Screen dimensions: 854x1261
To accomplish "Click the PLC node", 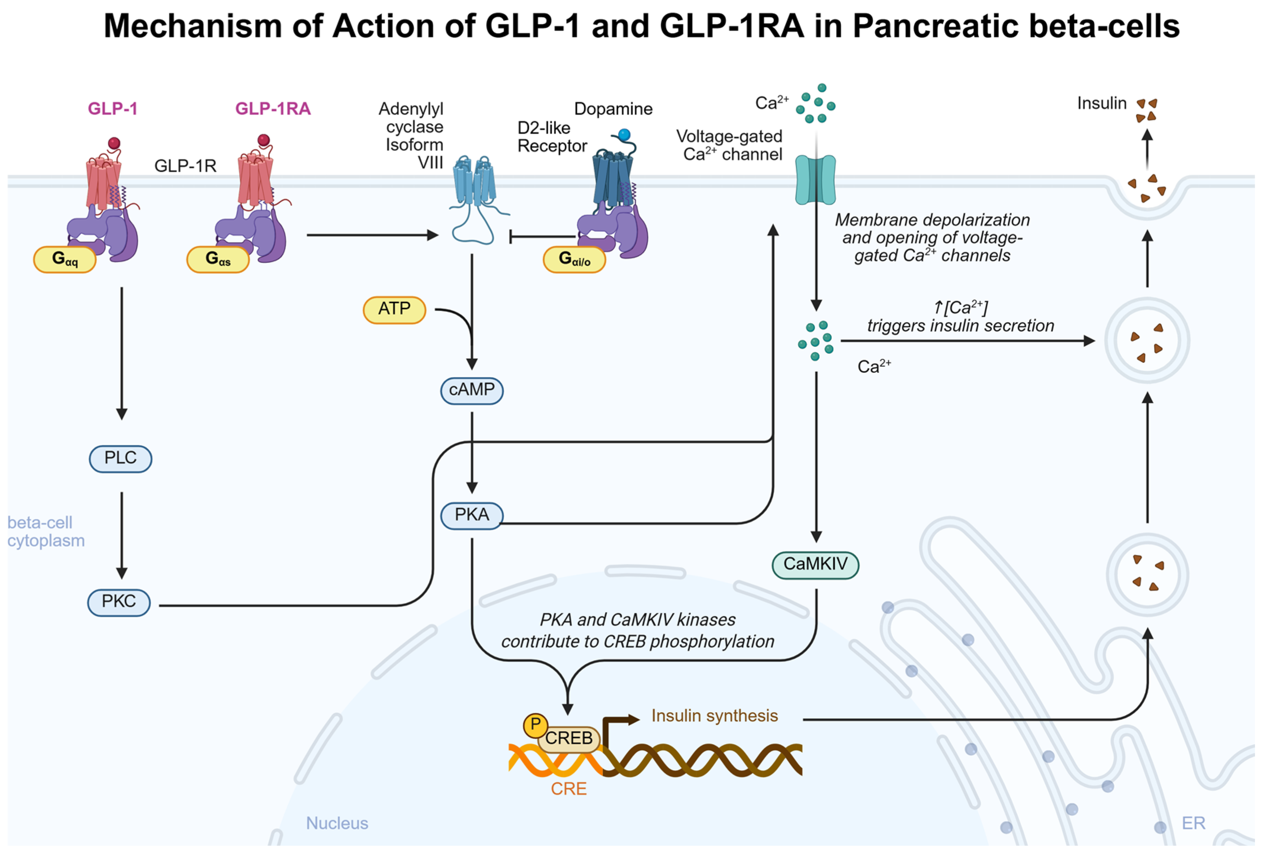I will point(120,458).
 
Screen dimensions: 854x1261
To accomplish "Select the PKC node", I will point(119,602).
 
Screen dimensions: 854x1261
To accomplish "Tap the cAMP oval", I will point(472,391).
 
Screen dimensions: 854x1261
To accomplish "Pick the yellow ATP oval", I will point(395,309).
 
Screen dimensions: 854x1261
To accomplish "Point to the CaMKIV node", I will point(815,565).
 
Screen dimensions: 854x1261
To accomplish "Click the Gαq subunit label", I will point(64,260).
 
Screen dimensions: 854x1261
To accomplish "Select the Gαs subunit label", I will point(218,260).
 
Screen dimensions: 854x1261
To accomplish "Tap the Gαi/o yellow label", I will point(574,260).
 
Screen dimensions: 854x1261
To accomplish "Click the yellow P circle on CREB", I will point(535,724).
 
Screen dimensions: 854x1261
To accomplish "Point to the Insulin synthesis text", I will point(714,716).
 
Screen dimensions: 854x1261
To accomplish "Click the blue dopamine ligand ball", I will point(624,134).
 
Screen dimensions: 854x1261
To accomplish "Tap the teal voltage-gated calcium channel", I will point(815,179).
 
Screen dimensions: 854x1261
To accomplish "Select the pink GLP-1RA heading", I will point(273,109).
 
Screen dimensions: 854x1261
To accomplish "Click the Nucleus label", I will point(337,823).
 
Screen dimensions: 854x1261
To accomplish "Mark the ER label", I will point(1193,823).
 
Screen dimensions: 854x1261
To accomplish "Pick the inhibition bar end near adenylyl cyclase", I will point(510,237).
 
